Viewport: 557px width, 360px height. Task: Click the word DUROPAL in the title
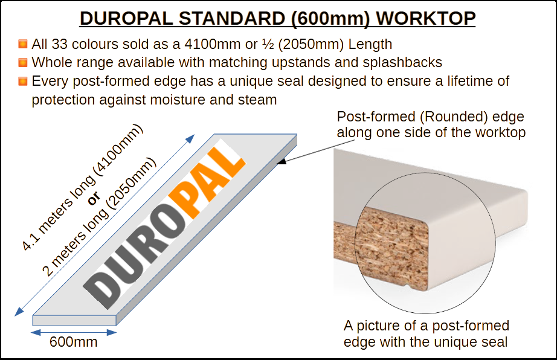(126, 19)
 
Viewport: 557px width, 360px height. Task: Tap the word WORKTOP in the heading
(425, 19)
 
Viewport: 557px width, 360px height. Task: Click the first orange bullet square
(23, 44)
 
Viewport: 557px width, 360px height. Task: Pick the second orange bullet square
(23, 62)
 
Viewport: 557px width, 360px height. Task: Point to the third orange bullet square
(23, 82)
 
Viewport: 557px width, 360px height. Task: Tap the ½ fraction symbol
(268, 44)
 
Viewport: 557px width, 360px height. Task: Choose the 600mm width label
(74, 342)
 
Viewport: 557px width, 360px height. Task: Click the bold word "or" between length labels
(94, 199)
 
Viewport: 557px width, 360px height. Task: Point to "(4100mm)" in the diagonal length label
(119, 150)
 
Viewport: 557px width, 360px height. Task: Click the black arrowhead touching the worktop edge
(282, 161)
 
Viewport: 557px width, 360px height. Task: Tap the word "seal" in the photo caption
(495, 342)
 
